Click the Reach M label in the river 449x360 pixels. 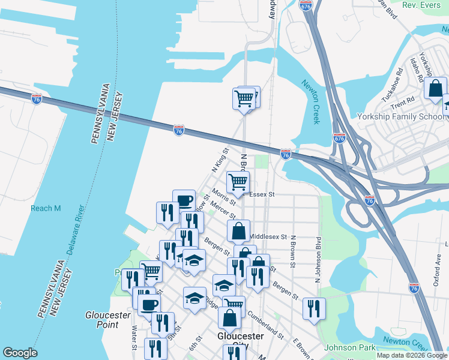pyautogui.click(x=46, y=208)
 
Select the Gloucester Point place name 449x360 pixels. pyautogui.click(x=108, y=320)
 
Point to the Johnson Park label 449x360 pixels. pyautogui.click(x=350, y=347)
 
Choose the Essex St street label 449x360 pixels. pyautogui.click(x=262, y=194)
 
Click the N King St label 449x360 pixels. pyautogui.click(x=221, y=161)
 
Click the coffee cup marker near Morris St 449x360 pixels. pyautogui.click(x=184, y=200)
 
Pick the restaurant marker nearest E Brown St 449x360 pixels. pyautogui.click(x=314, y=308)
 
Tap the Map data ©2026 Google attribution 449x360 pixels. pyautogui.click(x=411, y=355)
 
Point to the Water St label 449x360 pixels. pyautogui.click(x=134, y=336)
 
